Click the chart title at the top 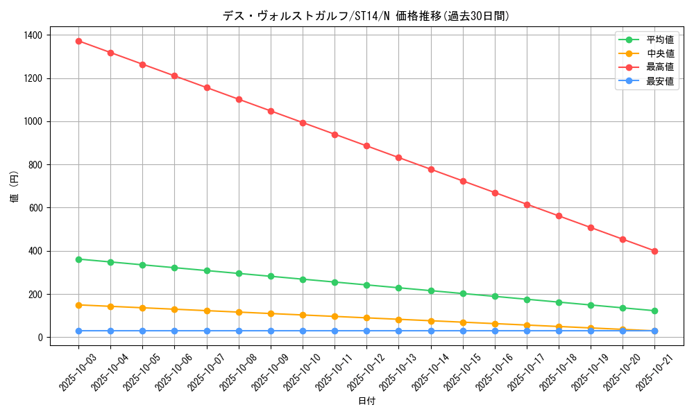coord(366,16)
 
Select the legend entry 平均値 coord(659,40)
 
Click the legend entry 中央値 coord(659,53)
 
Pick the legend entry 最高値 coord(659,67)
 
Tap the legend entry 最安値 coord(659,81)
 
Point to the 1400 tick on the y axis coord(33,35)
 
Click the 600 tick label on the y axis coord(35,208)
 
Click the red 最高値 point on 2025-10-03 coord(78,41)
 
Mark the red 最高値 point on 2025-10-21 coord(654,251)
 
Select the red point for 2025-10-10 coord(303,123)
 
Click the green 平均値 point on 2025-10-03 coord(78,259)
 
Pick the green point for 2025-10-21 coord(654,311)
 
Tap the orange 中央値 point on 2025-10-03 coord(78,305)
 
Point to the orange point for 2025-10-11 coord(335,316)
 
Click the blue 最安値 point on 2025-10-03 coord(78,331)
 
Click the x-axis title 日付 coord(366,401)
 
